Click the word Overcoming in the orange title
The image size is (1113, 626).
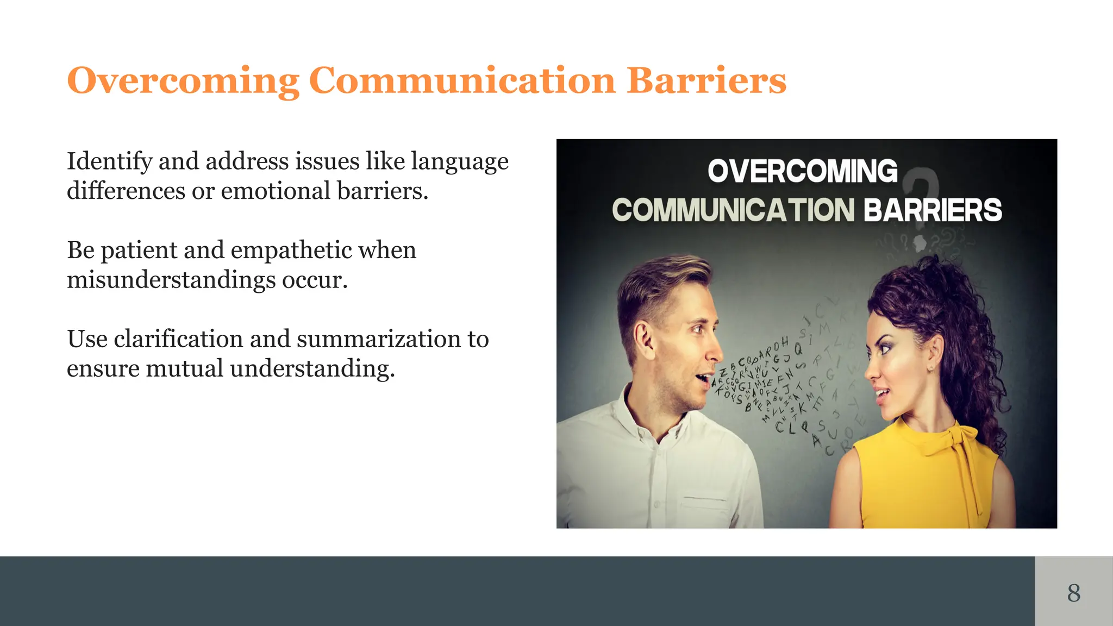tap(183, 81)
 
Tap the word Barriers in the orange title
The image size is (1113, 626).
tap(706, 81)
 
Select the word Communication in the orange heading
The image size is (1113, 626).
tap(462, 81)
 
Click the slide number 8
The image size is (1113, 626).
tap(1073, 592)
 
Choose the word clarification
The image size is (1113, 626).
tap(178, 339)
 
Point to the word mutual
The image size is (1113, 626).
tap(184, 368)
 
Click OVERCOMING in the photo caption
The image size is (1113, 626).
tap(802, 172)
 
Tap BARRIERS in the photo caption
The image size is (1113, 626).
tap(932, 210)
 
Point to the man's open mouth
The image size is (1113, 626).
tap(704, 379)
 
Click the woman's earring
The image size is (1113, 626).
tap(931, 370)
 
